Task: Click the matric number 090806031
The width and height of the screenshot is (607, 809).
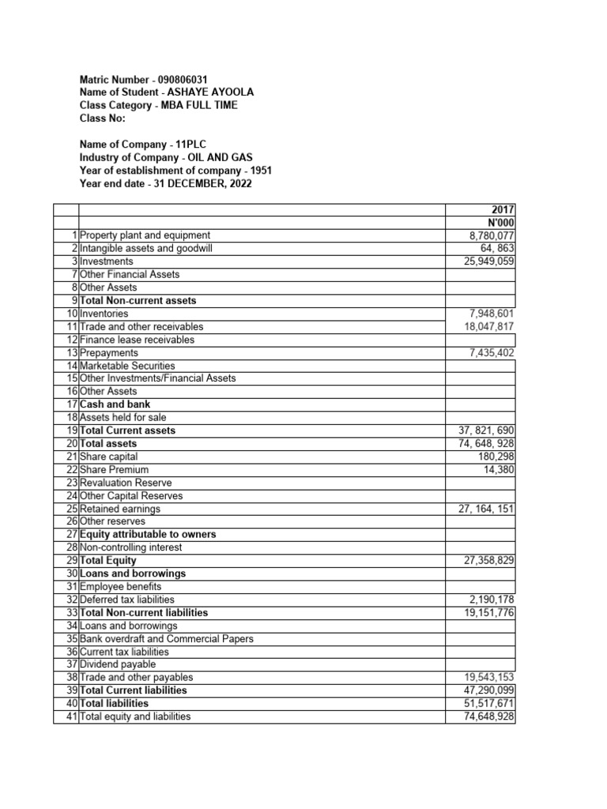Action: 183,80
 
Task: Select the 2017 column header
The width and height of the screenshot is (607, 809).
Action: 502,209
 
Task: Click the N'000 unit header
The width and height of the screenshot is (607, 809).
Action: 500,222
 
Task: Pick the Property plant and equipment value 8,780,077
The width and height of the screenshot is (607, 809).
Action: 492,235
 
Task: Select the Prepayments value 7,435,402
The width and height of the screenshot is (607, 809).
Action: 492,352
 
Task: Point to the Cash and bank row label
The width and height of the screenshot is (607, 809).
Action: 115,404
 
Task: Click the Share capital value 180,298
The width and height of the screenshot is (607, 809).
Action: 497,457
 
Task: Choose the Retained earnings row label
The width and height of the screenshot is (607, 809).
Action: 120,509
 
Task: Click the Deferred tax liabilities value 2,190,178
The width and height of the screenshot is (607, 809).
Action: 492,600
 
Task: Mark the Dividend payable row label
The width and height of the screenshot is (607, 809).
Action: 118,664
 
